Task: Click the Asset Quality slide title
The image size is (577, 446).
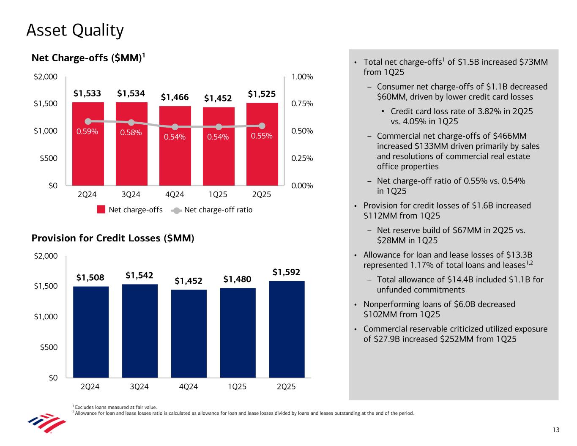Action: point(75,30)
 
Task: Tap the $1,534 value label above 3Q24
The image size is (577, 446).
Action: point(131,93)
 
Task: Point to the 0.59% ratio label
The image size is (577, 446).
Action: point(87,131)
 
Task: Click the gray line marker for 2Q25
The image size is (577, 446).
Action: point(262,126)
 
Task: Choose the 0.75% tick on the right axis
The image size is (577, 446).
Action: point(302,104)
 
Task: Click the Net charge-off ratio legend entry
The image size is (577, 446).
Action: point(218,210)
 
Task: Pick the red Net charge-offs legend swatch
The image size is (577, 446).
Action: point(101,210)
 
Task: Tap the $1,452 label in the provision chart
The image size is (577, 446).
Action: point(189,281)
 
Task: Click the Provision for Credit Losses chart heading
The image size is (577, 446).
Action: point(113,238)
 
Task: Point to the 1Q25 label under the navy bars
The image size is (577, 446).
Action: point(238,386)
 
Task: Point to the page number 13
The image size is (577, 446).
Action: point(555,430)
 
